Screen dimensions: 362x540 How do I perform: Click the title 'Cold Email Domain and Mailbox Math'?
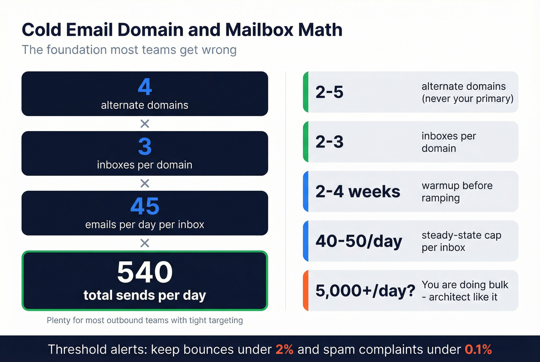tap(182, 30)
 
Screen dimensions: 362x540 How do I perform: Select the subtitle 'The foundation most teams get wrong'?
tap(129, 50)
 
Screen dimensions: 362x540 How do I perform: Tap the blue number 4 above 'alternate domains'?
tap(145, 87)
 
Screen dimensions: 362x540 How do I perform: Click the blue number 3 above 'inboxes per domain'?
tap(145, 146)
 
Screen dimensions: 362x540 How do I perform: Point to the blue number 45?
tap(145, 206)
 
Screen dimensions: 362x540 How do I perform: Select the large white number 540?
tap(145, 272)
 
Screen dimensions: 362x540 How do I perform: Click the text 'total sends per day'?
tap(145, 295)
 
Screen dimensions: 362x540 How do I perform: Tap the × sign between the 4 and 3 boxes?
tap(145, 124)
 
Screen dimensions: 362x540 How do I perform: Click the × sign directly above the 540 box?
tap(145, 243)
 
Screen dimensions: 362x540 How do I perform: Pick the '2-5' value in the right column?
tap(329, 92)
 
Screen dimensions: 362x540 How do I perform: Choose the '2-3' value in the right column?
tap(329, 142)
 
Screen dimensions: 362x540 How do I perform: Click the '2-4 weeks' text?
tap(358, 192)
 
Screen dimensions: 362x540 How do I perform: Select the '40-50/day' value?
tap(359, 241)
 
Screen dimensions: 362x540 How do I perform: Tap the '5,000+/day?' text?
tap(365, 291)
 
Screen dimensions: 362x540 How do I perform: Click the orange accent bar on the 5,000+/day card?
tap(305, 291)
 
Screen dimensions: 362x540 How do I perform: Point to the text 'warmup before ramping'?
tap(457, 192)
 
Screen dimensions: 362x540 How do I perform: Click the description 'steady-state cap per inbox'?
tap(461, 241)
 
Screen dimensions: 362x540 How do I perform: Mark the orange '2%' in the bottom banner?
tap(284, 350)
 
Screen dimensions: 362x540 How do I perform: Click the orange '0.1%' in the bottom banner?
tap(478, 350)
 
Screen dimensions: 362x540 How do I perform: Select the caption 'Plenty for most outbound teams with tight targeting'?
tap(145, 320)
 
